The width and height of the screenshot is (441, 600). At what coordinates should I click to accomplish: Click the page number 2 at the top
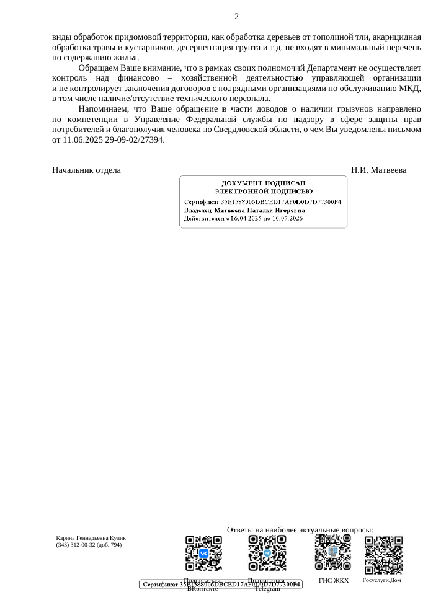236,17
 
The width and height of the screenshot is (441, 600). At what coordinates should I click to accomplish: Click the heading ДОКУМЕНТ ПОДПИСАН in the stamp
263,183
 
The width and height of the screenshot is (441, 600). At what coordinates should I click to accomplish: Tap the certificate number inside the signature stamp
281,202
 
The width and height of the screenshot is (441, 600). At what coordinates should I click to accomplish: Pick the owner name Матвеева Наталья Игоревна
259,210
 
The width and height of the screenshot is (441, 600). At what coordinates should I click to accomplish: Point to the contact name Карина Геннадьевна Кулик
91,538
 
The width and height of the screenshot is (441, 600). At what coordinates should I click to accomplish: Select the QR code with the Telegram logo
267,553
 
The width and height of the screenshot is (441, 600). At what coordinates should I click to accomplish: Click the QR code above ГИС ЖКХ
333,552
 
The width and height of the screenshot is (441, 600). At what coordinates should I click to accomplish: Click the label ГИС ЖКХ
334,581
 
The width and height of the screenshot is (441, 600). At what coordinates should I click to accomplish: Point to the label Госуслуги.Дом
381,580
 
